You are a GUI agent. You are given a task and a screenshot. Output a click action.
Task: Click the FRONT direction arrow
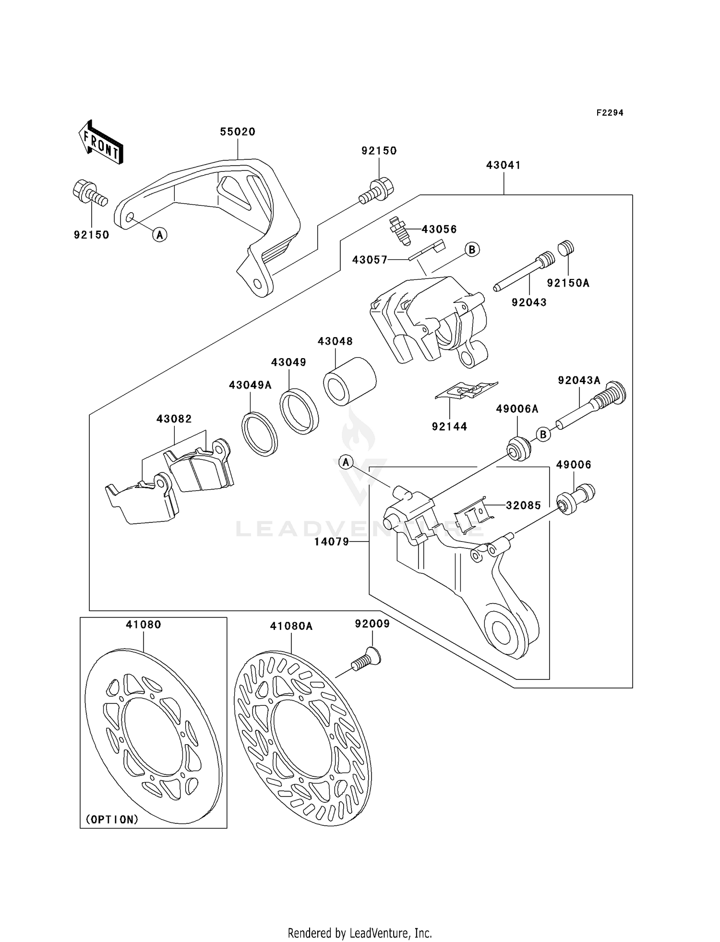tap(101, 142)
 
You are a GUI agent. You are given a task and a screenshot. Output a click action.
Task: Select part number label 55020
tap(238, 132)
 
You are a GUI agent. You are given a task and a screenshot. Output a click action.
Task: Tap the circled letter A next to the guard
tap(160, 234)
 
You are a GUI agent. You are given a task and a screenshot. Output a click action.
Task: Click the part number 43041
tap(503, 165)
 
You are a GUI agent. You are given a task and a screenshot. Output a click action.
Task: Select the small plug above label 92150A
tap(566, 248)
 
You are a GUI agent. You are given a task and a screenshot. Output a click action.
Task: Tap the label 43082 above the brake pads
tap(174, 419)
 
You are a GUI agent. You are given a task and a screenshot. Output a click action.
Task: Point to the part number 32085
tap(523, 505)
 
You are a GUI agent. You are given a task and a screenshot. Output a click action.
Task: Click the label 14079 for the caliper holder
tap(331, 542)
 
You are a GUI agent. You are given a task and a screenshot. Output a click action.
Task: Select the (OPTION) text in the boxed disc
tap(112, 819)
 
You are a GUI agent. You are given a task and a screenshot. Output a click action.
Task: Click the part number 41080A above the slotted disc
tap(291, 626)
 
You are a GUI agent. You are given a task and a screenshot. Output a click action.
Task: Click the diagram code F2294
tap(610, 113)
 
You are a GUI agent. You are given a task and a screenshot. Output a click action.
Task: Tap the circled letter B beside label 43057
tap(472, 249)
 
